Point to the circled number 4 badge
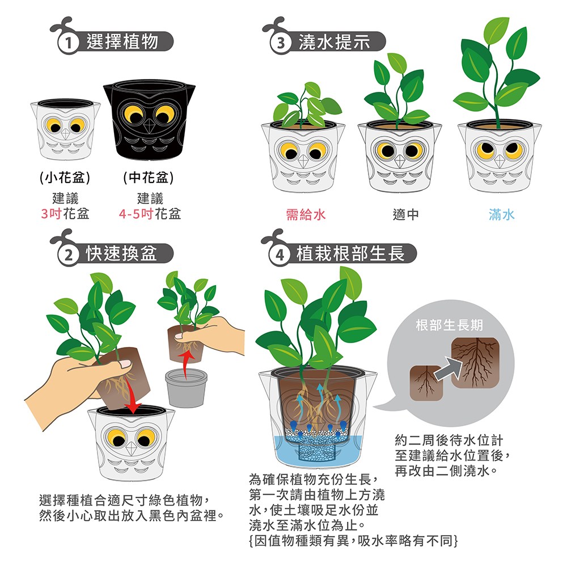280,255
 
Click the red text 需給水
306,214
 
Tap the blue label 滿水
502,214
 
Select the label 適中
406,214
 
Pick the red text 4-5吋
136,214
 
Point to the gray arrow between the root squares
448,369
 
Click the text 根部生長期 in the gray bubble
449,325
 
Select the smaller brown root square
426,383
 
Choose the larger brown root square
476,363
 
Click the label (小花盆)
65,177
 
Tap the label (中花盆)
149,177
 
